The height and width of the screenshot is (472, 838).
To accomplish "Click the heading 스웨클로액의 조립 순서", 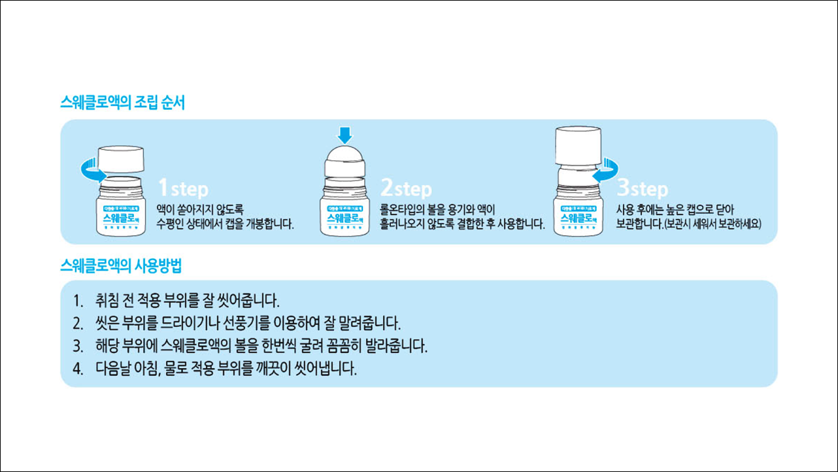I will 122,103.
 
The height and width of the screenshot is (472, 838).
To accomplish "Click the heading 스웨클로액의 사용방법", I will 121,265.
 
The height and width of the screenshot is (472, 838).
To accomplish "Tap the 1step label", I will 184,189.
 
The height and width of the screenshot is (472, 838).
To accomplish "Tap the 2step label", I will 406,189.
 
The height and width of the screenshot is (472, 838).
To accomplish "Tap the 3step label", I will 643,189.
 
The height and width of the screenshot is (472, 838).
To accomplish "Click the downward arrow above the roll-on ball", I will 345,135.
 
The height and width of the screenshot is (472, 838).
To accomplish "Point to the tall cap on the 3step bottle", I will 577,145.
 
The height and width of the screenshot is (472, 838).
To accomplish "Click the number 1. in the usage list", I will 78,302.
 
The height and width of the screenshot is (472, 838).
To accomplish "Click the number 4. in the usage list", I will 78,368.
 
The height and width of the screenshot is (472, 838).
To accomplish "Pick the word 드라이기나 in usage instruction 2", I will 212,324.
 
